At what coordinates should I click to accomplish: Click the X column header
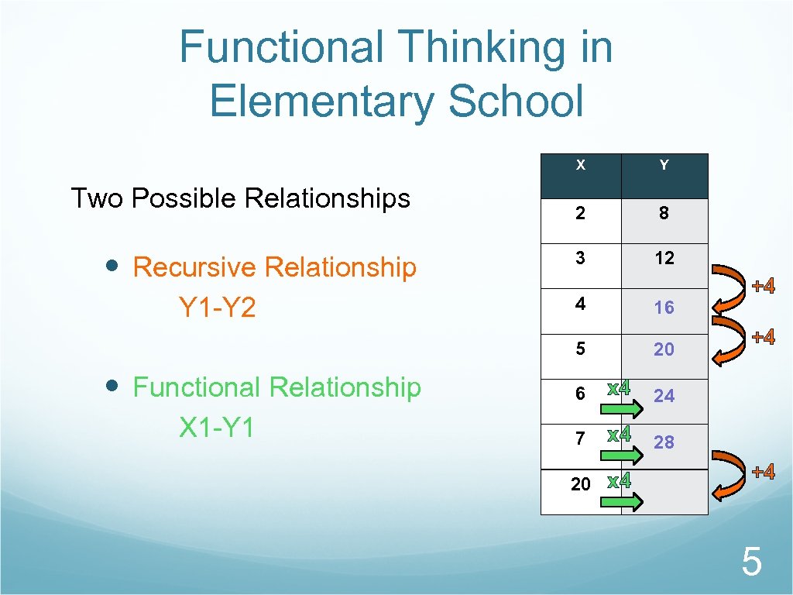580,165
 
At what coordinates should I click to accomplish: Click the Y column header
664,165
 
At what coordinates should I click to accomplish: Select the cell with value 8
664,213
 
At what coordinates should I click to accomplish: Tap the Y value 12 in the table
664,258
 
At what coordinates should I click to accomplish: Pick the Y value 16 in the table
664,308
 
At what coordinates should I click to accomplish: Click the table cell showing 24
664,396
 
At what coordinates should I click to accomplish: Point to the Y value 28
664,442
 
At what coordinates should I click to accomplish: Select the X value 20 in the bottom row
580,484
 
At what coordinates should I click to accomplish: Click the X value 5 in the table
580,349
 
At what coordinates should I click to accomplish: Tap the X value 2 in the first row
580,213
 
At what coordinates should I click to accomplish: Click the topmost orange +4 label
764,287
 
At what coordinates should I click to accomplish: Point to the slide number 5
751,562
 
